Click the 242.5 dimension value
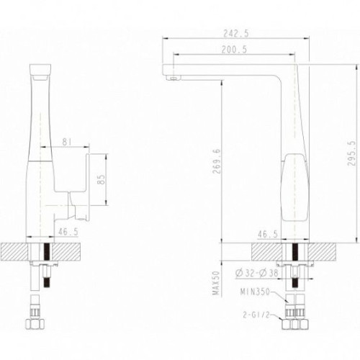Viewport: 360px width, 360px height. click(236, 34)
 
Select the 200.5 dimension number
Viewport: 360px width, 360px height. click(234, 50)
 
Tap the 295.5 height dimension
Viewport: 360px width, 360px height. click(351, 153)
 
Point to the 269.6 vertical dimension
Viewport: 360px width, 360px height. click(216, 161)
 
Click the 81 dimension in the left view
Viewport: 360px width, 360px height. click(68, 142)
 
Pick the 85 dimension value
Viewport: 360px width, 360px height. click(102, 179)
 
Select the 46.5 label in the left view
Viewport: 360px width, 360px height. click(68, 232)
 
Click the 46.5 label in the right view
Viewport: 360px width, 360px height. click(267, 234)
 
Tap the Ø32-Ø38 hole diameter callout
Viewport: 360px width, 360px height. click(256, 273)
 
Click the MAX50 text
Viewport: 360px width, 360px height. click(216, 283)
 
